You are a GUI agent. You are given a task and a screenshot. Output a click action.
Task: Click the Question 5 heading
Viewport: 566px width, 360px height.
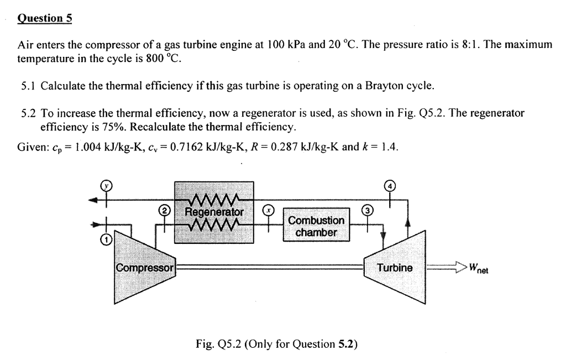point(45,18)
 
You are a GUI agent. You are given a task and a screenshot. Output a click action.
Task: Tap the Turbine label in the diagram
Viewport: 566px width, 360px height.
point(395,268)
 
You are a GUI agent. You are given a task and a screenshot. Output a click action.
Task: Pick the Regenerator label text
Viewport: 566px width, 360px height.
point(214,212)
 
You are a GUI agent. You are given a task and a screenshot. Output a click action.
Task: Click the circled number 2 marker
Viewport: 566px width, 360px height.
point(164,211)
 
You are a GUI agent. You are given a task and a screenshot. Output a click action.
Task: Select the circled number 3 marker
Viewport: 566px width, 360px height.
point(368,211)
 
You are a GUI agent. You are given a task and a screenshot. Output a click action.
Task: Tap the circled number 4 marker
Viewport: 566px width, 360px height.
point(390,185)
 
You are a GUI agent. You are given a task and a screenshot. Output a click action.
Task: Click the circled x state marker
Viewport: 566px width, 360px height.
point(268,211)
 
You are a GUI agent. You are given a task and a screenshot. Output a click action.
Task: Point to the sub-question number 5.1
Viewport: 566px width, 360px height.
point(29,86)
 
